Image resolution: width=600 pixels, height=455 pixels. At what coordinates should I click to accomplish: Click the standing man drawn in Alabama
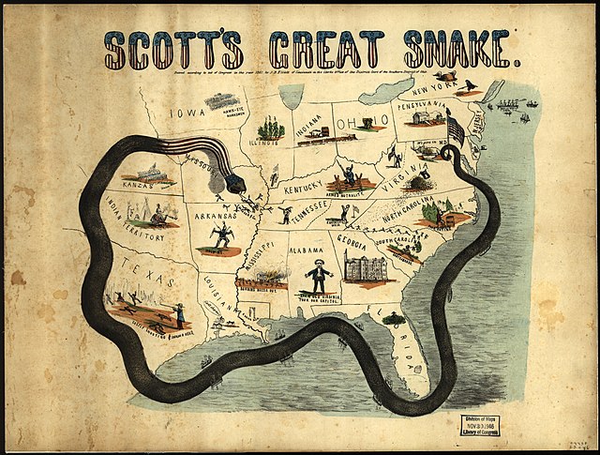click(x=319, y=274)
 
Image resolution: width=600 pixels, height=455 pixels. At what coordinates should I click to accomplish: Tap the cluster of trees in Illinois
click(x=271, y=127)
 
